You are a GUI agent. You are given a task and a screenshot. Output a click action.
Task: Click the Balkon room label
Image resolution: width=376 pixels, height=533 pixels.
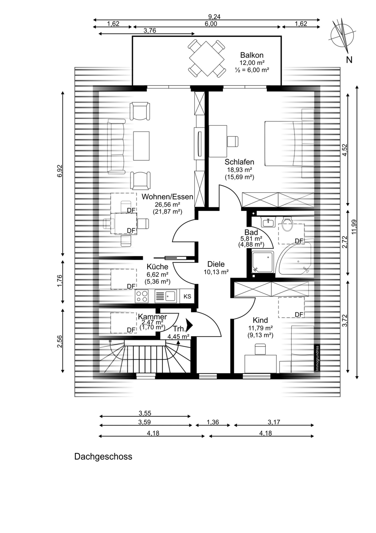(x=251, y=55)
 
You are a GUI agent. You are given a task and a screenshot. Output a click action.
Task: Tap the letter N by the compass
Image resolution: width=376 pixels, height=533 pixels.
(x=349, y=60)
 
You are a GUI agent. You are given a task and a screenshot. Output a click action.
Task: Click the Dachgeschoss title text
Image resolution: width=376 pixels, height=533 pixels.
(x=103, y=457)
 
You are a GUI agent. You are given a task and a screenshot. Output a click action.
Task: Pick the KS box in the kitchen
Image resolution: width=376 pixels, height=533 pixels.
(x=188, y=296)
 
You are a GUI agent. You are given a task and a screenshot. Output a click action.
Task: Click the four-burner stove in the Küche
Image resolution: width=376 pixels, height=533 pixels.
(x=141, y=296)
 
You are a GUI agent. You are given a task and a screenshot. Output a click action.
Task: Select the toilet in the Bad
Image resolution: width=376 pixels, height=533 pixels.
(x=287, y=224)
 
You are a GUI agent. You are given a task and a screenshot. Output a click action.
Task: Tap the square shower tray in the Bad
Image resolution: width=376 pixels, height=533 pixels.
(x=262, y=262)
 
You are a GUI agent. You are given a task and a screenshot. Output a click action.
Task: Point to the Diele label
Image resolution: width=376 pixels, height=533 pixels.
(x=216, y=264)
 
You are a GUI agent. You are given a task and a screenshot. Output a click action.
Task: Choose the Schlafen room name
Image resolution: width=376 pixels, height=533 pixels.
(x=239, y=162)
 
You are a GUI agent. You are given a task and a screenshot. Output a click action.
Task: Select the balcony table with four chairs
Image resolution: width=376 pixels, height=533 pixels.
(x=207, y=58)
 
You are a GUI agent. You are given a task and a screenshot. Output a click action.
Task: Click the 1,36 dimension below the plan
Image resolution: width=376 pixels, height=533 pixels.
(x=212, y=422)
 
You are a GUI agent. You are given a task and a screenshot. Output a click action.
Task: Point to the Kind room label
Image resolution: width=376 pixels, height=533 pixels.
(x=260, y=320)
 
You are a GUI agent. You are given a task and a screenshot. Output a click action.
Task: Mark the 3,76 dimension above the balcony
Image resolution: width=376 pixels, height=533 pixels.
(x=149, y=31)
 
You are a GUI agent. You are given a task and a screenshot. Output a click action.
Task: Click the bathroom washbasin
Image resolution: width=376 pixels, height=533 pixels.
(x=268, y=222)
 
